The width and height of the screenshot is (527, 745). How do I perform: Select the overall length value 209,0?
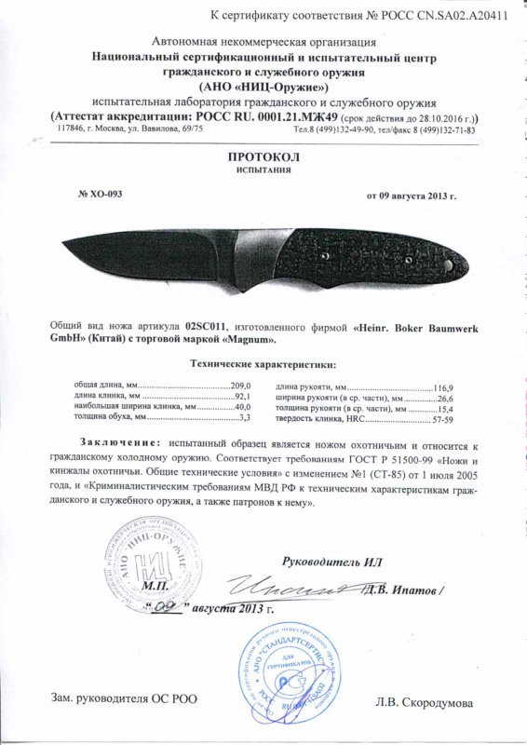coord(241,385)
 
